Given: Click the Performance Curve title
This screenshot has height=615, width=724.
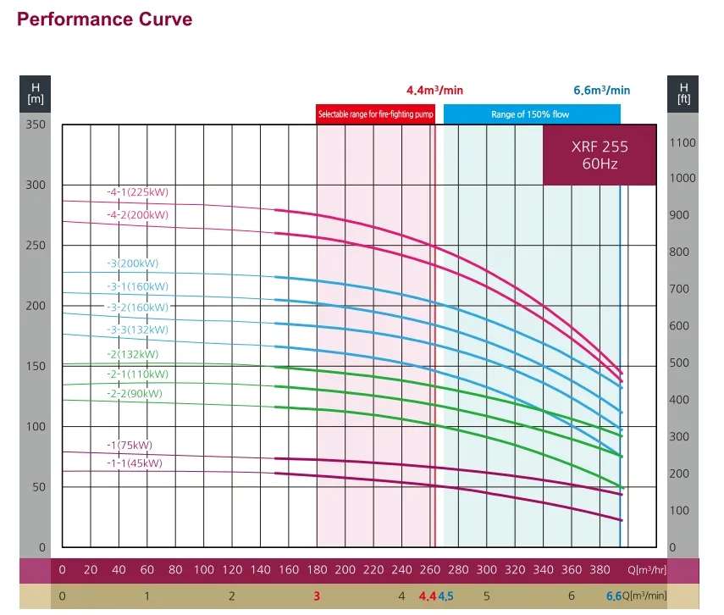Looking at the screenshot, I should (104, 19).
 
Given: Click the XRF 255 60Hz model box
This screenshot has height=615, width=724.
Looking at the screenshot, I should (600, 155).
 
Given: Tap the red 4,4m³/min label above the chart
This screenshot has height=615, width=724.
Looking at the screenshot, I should (434, 90).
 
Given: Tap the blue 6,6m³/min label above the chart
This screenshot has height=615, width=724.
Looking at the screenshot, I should (602, 90).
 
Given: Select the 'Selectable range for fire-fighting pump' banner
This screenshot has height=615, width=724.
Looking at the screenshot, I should (375, 114).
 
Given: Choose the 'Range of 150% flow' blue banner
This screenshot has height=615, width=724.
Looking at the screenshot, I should (531, 114).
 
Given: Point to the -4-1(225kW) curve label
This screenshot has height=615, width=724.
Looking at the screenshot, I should (137, 192).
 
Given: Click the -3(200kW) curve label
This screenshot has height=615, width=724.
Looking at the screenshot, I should (132, 263).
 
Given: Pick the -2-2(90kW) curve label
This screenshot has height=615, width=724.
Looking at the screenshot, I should (134, 394).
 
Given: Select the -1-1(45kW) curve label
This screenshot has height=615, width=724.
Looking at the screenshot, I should (134, 463).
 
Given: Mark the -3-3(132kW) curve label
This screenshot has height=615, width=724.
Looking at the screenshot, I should (137, 330).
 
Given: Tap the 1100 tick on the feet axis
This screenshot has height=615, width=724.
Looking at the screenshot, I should (683, 142).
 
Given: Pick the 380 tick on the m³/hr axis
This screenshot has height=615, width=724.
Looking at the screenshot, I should (600, 570).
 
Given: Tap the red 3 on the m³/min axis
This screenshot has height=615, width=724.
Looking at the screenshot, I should (317, 596).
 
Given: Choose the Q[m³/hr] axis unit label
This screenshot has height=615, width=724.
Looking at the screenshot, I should (648, 570).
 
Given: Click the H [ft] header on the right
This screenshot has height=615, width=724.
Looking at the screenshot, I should (683, 92).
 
